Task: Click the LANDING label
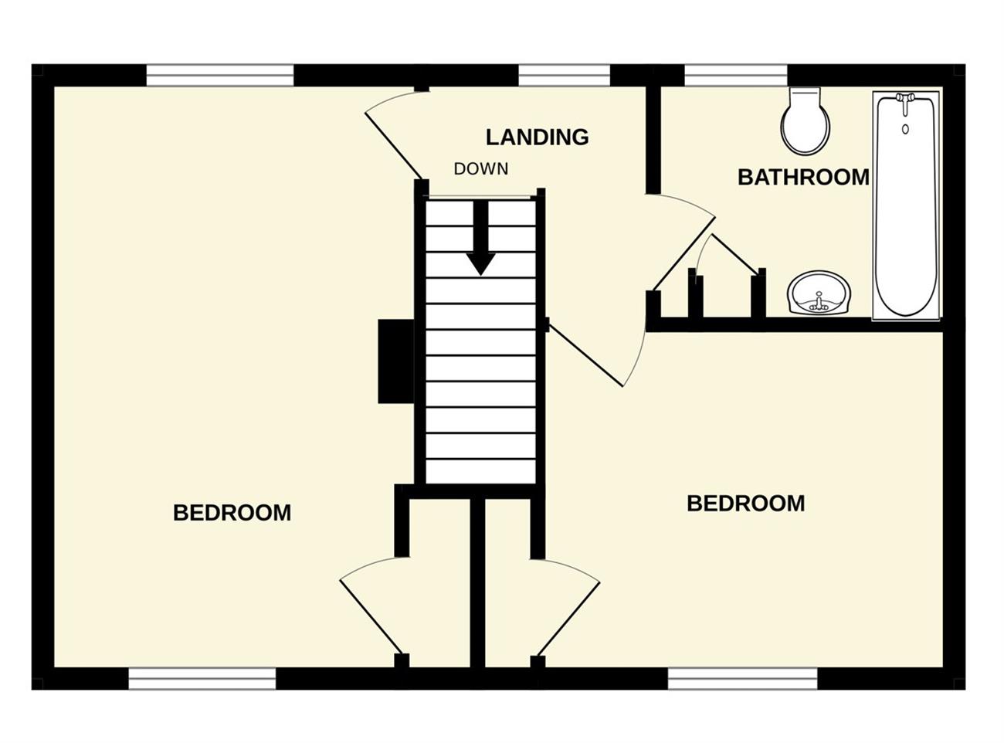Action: [538, 137]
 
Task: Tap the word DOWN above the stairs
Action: [480, 169]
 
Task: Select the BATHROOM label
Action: [803, 177]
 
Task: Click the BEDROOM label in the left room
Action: [232, 513]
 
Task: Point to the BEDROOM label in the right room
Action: [745, 504]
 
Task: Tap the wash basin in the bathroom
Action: [819, 293]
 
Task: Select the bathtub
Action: [906, 205]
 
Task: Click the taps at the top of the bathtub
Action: [905, 102]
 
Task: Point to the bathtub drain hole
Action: [905, 130]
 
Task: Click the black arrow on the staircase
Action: [480, 237]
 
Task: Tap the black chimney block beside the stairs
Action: [396, 361]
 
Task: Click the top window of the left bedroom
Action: [220, 75]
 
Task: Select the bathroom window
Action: [736, 75]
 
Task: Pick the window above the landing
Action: [564, 75]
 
